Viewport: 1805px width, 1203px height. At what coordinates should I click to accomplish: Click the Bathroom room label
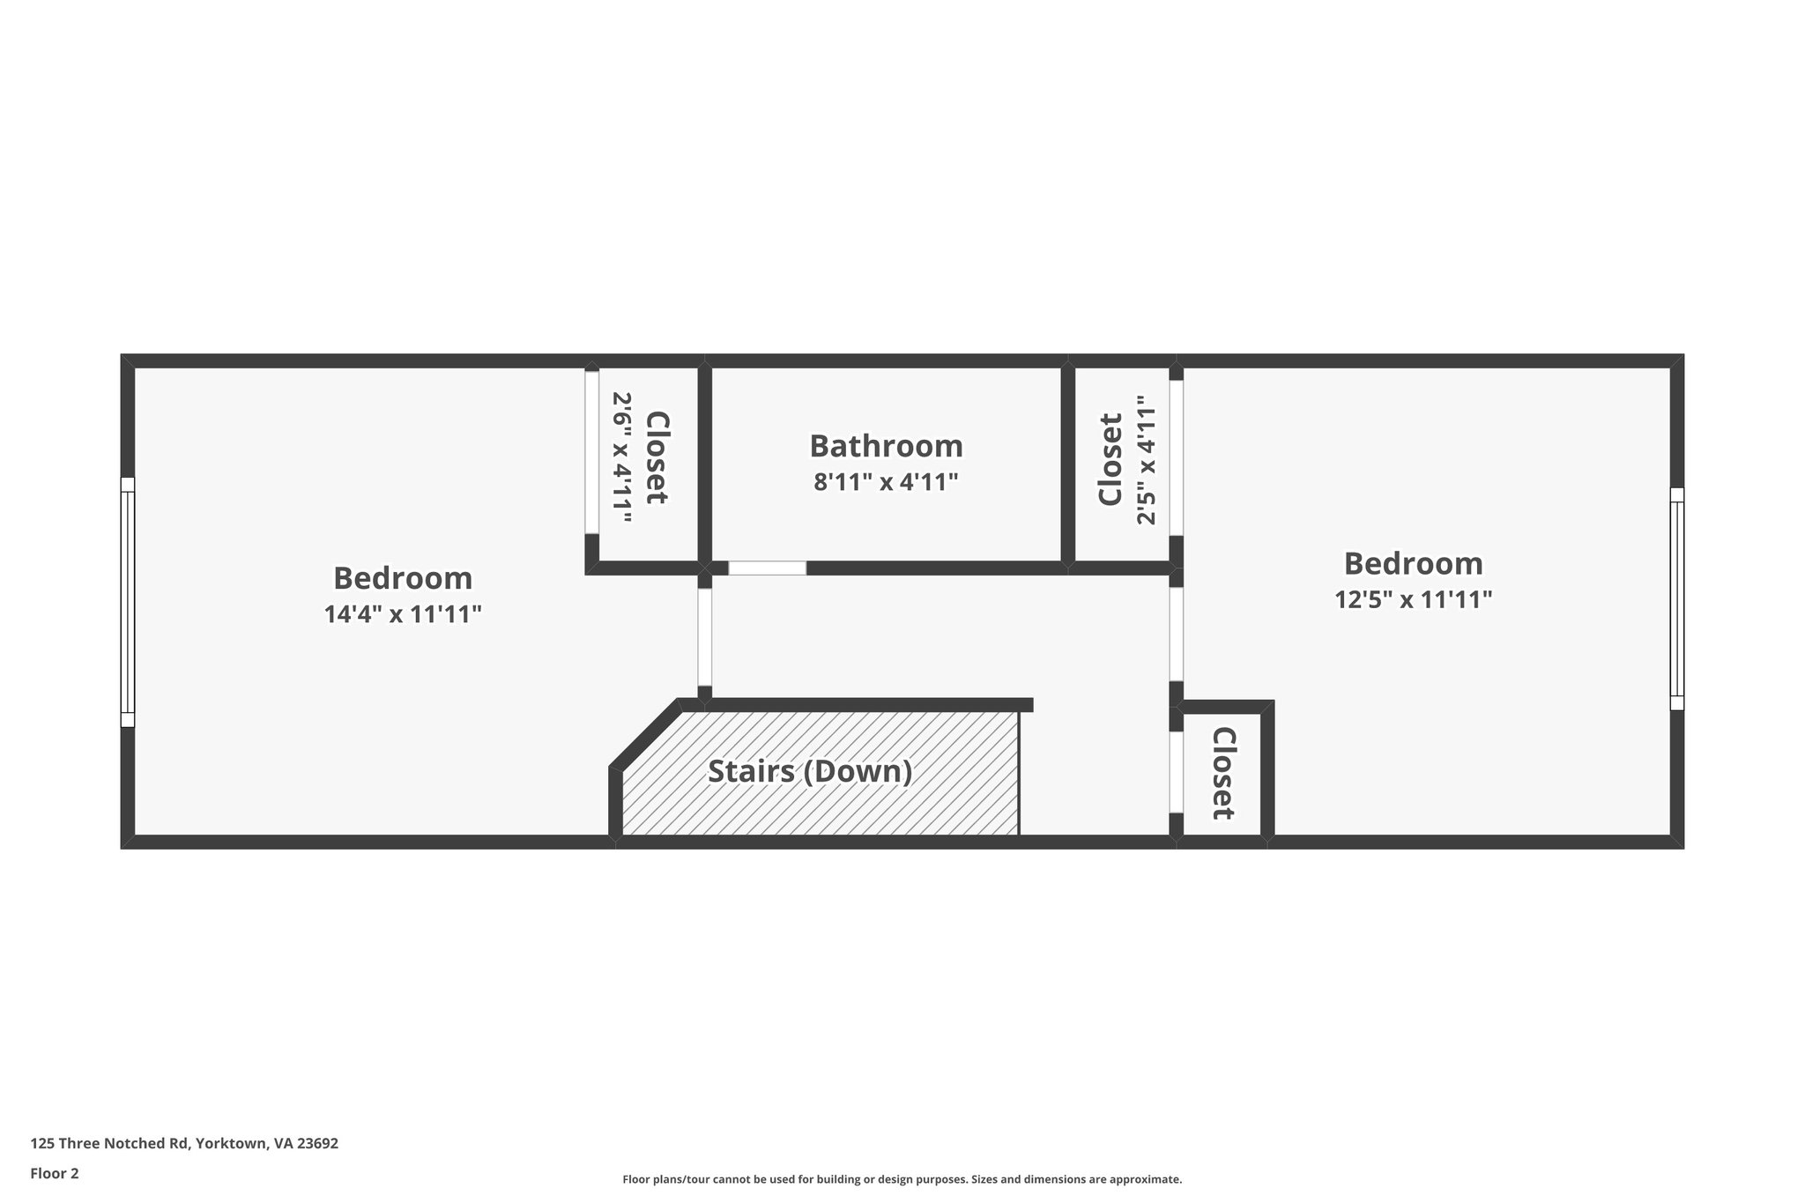coord(886,446)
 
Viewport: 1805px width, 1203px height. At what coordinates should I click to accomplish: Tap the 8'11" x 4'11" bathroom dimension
coord(886,483)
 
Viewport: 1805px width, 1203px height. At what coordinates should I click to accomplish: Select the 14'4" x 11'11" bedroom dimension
coord(403,614)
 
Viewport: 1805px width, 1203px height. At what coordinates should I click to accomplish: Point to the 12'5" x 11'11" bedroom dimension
coord(1413,599)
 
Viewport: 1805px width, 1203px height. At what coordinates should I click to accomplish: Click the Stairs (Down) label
coord(810,772)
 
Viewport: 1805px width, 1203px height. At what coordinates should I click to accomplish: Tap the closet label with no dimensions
coord(1222,773)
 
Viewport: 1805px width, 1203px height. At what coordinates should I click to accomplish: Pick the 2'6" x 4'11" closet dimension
coord(622,457)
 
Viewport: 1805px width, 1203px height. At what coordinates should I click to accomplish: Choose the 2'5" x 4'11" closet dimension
coord(1146,460)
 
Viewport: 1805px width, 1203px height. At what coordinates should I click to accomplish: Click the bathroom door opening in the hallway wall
coord(767,568)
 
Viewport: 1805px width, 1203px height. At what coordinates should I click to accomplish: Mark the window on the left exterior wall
coord(128,602)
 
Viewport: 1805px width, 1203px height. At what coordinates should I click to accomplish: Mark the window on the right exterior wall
coord(1676,598)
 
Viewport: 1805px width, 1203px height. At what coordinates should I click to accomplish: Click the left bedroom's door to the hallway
coord(704,636)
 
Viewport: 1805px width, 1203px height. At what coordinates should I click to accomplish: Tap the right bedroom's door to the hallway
coord(1176,634)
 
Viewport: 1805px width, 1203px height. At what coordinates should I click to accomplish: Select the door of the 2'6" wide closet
coord(591,452)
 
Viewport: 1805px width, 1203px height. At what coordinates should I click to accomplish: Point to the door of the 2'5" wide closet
coord(1176,457)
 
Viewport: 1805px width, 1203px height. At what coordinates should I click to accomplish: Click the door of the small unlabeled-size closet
coord(1176,772)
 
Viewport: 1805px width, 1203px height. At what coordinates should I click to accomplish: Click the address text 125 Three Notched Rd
coord(184,1143)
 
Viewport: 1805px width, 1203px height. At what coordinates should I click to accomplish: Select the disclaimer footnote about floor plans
coord(902,1179)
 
